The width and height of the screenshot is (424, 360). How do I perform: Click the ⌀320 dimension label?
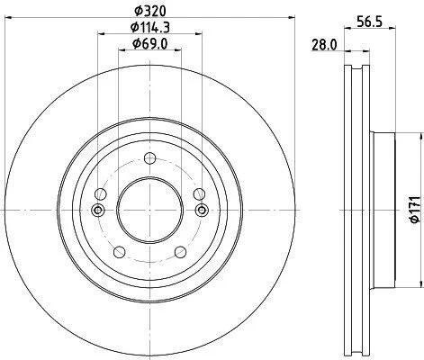pos(150,11)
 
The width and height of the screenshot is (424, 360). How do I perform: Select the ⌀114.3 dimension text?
pos(150,27)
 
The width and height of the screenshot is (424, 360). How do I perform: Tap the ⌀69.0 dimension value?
pos(149,44)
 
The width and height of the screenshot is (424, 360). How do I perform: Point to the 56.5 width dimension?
pos(369,22)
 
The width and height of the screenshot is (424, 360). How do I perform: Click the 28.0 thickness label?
pos(324,45)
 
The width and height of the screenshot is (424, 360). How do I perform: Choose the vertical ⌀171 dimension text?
pos(415,210)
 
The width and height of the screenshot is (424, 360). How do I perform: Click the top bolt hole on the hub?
pos(149,158)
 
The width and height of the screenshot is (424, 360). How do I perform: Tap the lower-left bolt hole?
pos(120,252)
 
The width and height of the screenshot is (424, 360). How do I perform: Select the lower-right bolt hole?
pos(180,252)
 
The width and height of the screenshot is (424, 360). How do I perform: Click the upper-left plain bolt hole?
pos(101,194)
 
